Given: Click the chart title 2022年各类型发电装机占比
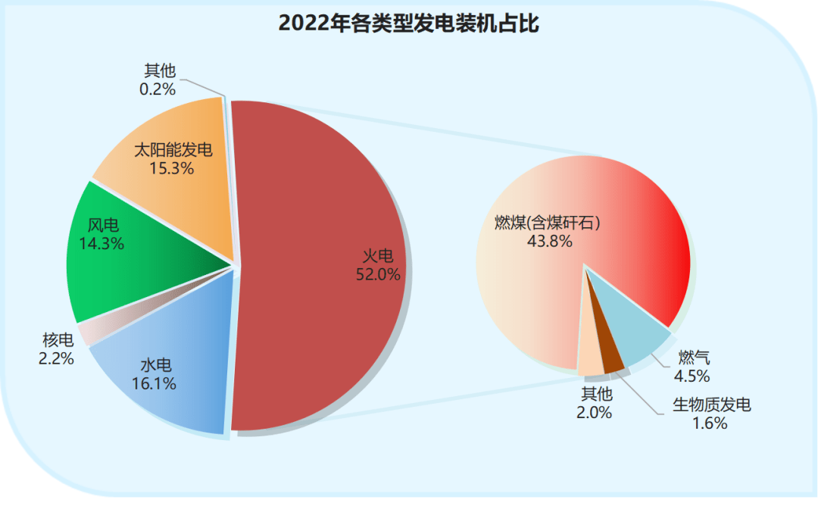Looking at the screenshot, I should click(408, 23).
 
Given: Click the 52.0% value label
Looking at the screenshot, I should click(378, 274).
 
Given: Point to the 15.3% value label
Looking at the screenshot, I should click(173, 168).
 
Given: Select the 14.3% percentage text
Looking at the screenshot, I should click(101, 244).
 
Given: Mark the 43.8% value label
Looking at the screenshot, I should click(550, 241).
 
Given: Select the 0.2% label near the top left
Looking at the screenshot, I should click(158, 89).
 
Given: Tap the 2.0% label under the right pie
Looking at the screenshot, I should click(596, 413).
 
